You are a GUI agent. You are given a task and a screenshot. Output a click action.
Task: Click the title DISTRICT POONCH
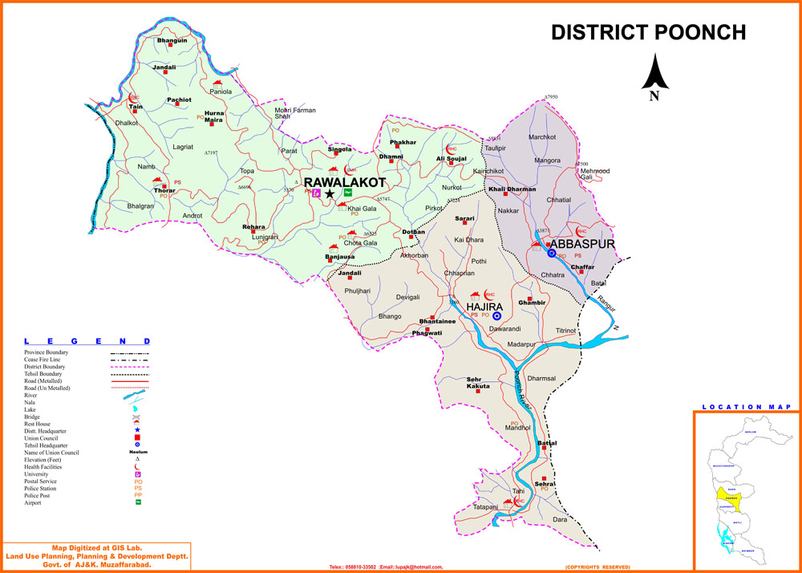(x=648, y=32)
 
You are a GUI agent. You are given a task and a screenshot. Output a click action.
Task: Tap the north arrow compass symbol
(x=655, y=76)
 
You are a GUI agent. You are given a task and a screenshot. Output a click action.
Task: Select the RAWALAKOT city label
(x=344, y=183)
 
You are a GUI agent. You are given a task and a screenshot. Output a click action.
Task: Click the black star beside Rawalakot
(x=330, y=193)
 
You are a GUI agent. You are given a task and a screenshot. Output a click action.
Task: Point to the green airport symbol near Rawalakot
(x=348, y=193)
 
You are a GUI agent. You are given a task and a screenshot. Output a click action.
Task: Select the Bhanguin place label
(x=172, y=40)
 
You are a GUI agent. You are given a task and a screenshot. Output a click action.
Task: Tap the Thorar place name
(x=164, y=190)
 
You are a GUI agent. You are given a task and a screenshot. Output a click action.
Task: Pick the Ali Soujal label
(x=451, y=159)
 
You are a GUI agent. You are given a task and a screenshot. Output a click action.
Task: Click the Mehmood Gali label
(x=594, y=173)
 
